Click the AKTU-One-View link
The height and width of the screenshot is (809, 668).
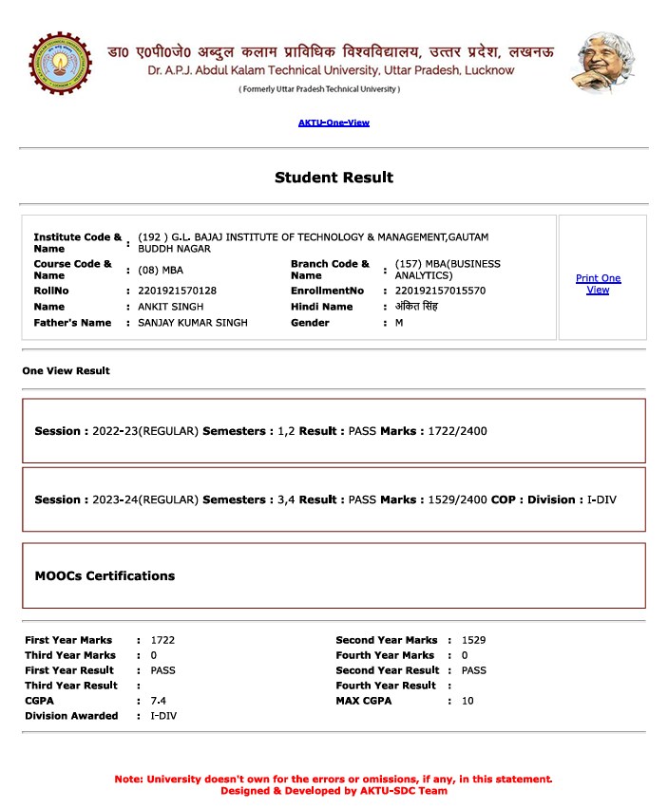(x=334, y=122)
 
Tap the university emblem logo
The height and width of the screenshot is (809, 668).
(x=61, y=64)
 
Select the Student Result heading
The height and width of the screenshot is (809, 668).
(x=334, y=178)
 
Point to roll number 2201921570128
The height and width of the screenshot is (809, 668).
(x=177, y=291)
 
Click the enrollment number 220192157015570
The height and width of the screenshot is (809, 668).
(x=440, y=291)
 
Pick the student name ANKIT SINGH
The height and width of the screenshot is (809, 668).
(x=171, y=307)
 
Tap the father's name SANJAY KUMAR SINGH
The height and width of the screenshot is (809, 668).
(x=193, y=323)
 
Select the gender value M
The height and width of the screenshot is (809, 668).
(x=399, y=323)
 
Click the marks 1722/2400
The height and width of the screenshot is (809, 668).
(x=457, y=431)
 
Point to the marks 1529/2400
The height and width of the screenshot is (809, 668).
(x=457, y=499)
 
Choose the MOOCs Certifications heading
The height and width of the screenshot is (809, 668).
(x=105, y=575)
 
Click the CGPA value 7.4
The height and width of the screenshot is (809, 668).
(x=158, y=701)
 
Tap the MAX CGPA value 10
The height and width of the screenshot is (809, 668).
(x=467, y=701)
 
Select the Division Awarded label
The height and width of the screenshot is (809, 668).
(x=71, y=716)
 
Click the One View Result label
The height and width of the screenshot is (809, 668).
(x=67, y=371)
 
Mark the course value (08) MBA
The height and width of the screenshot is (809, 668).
(x=161, y=270)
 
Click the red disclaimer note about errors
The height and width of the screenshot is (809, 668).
(x=334, y=780)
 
